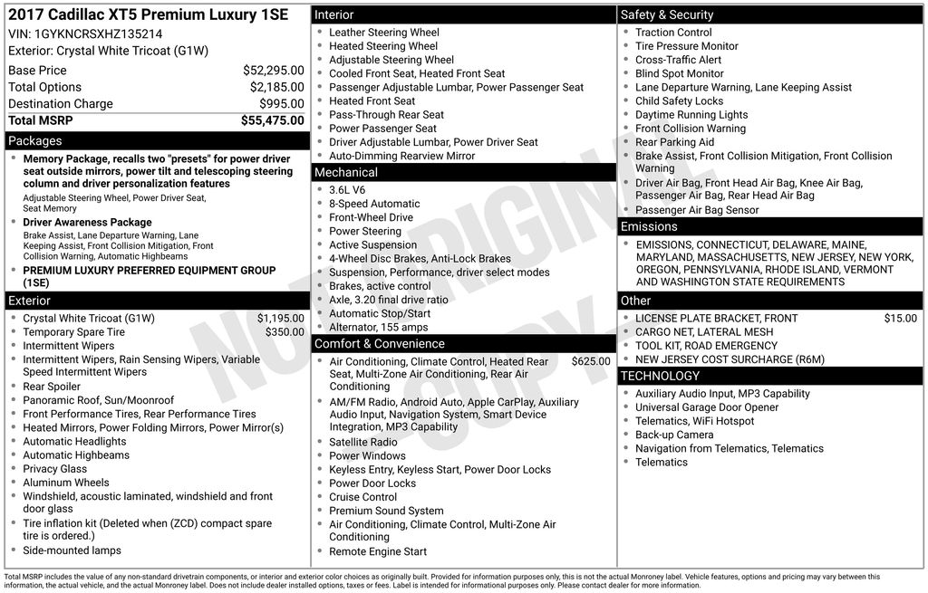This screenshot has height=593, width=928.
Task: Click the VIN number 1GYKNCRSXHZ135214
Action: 99,33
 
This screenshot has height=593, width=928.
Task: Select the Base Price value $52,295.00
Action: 273,71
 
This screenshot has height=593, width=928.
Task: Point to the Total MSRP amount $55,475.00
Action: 272,120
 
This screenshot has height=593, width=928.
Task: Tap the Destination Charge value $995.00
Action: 281,104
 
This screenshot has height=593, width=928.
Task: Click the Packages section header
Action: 35,141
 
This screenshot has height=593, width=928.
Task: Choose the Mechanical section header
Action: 346,172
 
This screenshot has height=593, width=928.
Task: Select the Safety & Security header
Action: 667,14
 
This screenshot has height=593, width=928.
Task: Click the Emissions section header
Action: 649,226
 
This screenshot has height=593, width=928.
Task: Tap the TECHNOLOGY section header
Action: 661,376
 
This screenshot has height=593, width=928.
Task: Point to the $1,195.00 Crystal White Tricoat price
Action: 280,319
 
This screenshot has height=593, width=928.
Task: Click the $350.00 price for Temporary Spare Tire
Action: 285,332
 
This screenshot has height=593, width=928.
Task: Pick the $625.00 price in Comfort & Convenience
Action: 590,361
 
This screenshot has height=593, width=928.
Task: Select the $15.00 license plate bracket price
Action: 900,319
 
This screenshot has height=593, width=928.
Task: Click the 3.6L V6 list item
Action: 347,190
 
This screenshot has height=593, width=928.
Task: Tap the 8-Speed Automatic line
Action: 374,204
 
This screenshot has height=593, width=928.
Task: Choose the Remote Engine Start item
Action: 378,551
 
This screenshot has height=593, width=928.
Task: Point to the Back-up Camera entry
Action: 674,435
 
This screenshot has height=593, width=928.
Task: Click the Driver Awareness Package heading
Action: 87,223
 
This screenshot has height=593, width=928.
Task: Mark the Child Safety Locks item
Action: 679,101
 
